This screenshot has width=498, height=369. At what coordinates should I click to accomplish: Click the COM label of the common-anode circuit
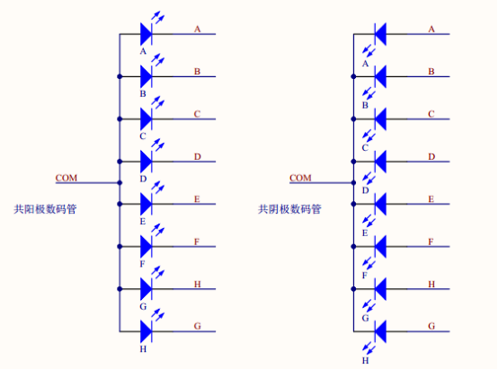[x=67, y=178]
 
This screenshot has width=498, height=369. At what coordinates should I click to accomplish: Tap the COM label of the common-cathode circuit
[x=300, y=178]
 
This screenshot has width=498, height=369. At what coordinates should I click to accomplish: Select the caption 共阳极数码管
[x=45, y=209]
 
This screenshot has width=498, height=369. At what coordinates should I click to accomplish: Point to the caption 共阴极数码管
[x=289, y=209]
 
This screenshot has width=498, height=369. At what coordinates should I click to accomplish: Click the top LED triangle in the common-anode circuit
[x=146, y=34]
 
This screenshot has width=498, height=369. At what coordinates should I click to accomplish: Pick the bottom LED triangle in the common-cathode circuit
[x=380, y=331]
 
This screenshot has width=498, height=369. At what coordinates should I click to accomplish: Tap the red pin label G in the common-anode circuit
[x=197, y=326]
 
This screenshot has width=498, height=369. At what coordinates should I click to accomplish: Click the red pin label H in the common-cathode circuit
[x=431, y=284]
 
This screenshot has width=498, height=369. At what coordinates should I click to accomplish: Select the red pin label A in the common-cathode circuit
[x=431, y=30]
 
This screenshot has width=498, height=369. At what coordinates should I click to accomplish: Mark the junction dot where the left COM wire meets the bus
[x=120, y=183]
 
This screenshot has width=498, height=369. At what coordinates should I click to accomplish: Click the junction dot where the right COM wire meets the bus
[x=353, y=183]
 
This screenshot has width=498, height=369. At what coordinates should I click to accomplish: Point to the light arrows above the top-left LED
[x=158, y=17]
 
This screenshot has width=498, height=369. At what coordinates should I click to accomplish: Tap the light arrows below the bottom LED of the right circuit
[x=369, y=348]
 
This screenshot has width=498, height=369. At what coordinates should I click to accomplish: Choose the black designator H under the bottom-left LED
[x=143, y=349]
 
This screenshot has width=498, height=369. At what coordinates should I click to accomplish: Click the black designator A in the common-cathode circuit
[x=365, y=64]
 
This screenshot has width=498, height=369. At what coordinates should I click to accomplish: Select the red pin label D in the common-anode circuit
[x=197, y=157]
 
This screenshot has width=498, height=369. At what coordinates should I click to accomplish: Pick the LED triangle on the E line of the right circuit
[x=380, y=204]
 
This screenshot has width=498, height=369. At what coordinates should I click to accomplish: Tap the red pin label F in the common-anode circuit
[x=197, y=242]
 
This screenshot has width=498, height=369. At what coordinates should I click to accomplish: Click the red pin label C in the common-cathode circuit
[x=431, y=114]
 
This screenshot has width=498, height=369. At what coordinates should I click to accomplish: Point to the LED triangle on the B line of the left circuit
[x=146, y=76]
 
